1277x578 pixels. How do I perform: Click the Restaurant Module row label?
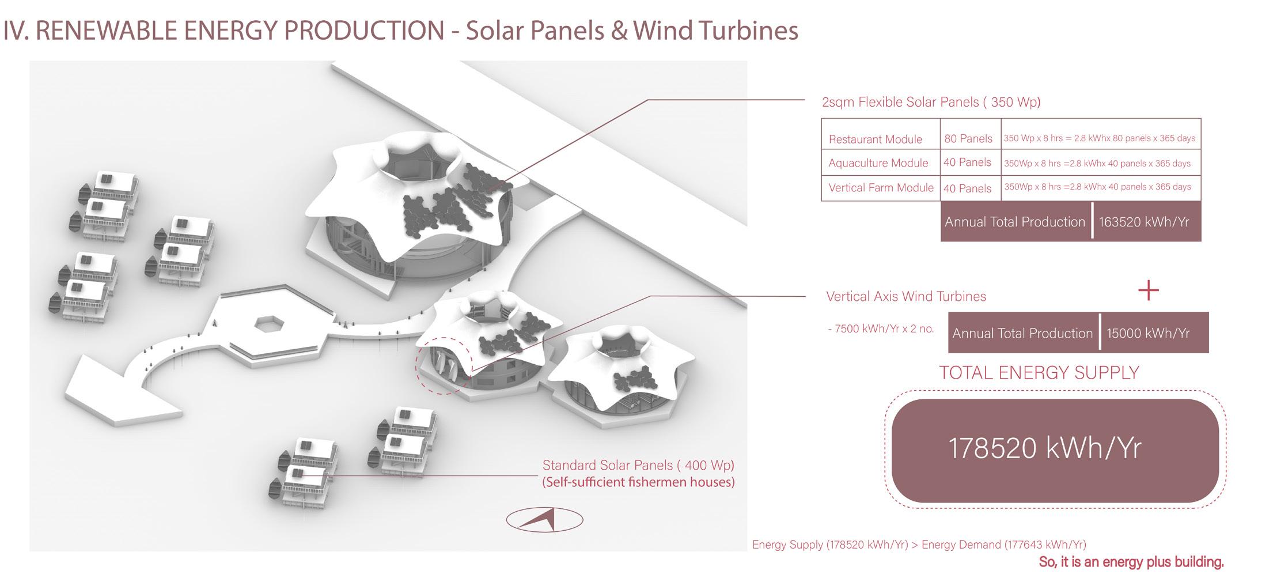875,139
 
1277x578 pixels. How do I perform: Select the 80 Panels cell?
968,139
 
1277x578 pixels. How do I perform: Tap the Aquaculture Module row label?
878,163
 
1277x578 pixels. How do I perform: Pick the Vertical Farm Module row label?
881,188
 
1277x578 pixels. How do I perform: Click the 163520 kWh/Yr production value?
1143,222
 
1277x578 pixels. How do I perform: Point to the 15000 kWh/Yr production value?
1147,333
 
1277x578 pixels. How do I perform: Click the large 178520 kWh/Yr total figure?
1044,448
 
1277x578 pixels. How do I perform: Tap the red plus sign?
1148,290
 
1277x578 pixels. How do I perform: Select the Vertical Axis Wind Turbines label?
906,296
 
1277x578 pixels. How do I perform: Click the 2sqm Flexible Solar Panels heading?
931,102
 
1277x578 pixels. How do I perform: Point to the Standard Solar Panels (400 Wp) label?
638,465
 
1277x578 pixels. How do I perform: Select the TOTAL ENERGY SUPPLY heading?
1039,373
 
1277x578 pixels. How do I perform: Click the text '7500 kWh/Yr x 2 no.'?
881,329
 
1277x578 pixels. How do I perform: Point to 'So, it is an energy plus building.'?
1131,562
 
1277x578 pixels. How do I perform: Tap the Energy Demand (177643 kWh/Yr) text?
1004,545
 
